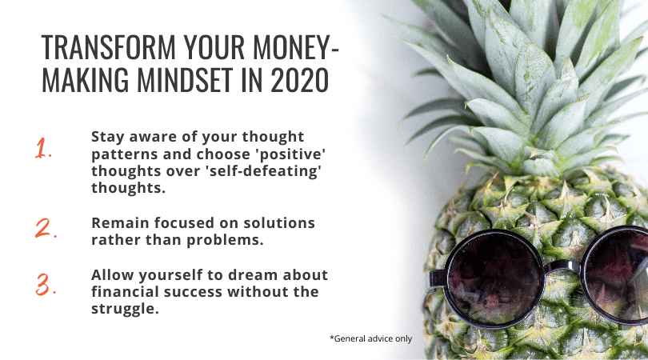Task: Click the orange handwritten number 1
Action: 43,148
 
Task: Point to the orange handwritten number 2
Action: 46,228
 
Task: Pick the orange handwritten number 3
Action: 46,284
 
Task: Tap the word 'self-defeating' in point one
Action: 263,170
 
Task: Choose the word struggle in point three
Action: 126,309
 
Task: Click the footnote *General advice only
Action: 370,338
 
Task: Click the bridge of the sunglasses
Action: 562,266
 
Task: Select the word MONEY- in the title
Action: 295,47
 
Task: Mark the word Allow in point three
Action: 113,275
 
